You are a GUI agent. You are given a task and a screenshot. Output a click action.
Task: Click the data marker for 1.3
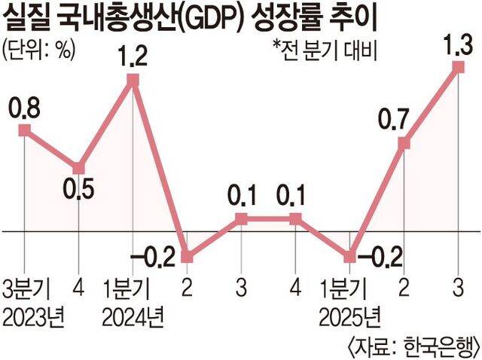coord(459,67)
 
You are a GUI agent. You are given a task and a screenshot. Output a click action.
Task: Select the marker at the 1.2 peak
coord(133,81)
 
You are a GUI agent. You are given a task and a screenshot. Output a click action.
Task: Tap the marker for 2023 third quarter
coord(25,130)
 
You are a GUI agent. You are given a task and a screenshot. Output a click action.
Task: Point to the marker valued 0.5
coord(79,168)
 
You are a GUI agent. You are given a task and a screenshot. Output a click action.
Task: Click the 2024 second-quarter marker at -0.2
coord(187,256)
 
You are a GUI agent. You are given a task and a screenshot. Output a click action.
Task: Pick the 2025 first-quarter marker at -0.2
coord(349,256)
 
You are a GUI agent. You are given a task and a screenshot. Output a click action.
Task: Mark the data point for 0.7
coord(404,143)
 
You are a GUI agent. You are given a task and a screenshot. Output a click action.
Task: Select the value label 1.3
coord(457,45)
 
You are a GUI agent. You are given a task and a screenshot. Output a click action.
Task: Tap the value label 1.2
coord(133,56)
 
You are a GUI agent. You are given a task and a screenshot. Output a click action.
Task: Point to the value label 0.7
coord(394,121)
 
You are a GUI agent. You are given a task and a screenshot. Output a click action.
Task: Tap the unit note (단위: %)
coord(38,50)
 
